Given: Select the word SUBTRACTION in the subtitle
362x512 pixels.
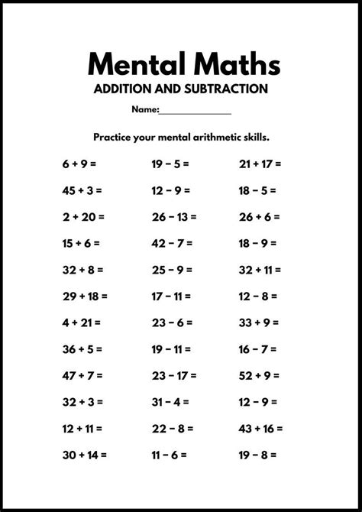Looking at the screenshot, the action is coord(219,89).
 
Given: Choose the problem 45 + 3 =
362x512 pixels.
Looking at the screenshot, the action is coord(82,190).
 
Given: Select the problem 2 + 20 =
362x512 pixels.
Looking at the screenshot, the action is coord(82,216).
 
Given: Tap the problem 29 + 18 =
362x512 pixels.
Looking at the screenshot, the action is coord(85,296).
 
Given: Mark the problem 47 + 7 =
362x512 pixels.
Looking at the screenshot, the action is coord(82,375).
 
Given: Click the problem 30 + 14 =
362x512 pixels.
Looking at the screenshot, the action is coord(85,455).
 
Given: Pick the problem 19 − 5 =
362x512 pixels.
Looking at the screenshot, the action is coord(170,164).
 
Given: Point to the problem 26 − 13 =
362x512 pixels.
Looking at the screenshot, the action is coord(173,216).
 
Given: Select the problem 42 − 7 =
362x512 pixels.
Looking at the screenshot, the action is coord(171,243).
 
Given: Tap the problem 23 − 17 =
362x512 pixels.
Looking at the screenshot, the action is coord(173,375).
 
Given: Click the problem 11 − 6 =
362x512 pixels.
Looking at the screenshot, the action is coord(169,455).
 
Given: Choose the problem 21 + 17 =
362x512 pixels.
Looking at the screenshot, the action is coord(260,164).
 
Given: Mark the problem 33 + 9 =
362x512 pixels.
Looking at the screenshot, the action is coord(259,322).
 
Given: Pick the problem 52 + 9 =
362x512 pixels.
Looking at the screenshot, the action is coord(259,375).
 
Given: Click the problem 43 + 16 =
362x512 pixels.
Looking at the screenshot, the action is coord(260,428).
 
